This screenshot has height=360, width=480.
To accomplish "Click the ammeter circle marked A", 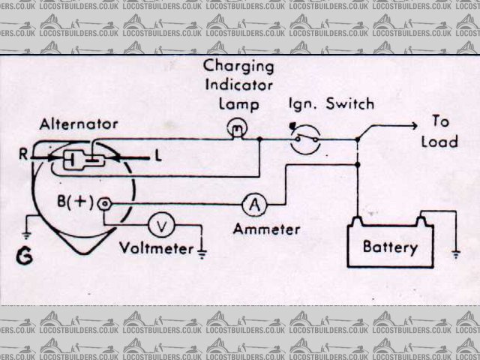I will click(255, 203).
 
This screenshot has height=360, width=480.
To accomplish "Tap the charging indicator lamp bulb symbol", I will click(238, 130).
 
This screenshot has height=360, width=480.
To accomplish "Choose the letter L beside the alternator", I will click(158, 157).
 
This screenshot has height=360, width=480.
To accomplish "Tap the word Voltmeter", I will click(156, 248).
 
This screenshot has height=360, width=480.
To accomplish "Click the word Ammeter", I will click(266, 229).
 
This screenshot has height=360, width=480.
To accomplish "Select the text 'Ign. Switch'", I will click(329, 105).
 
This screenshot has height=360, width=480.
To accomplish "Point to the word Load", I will click(439, 141).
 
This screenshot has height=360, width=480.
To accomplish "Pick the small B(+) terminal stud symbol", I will click(105, 202).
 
